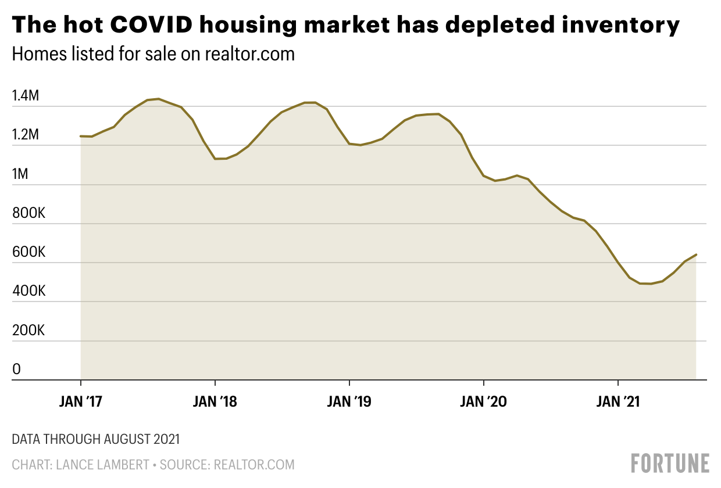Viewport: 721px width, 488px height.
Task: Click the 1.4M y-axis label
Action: click(26, 96)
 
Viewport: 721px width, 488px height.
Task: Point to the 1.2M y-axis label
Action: click(26, 135)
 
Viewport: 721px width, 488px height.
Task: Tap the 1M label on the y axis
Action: click(20, 174)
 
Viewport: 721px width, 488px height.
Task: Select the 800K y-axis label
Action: click(28, 213)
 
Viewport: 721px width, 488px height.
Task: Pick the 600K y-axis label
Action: click(28, 253)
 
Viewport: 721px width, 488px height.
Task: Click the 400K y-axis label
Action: click(28, 292)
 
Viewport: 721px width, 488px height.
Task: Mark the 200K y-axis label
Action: click(28, 331)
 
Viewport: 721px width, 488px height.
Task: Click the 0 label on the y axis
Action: click(16, 369)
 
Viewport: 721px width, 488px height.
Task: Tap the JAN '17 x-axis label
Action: click(80, 401)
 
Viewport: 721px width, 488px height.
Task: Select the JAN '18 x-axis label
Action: click(215, 401)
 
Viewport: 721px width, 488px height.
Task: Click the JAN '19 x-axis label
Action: click(349, 401)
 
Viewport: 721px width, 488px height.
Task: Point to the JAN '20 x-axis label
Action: click(483, 401)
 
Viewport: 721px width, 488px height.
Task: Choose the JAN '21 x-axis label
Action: click(618, 401)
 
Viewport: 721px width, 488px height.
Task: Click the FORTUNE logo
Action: click(670, 463)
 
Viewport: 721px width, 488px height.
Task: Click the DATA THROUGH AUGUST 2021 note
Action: click(96, 439)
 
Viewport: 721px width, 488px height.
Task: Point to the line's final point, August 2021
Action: click(696, 254)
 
